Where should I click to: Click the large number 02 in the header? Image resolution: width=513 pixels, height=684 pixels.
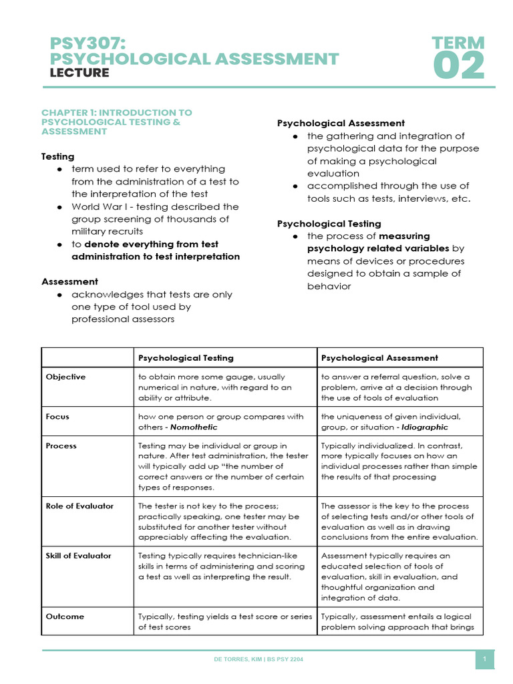click(458, 67)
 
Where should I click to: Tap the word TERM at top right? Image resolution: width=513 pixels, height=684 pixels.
click(458, 43)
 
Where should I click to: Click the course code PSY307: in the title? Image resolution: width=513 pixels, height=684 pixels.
click(88, 43)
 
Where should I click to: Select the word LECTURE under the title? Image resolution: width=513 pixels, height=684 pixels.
click(79, 73)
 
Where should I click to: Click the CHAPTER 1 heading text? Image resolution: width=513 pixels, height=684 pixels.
click(116, 122)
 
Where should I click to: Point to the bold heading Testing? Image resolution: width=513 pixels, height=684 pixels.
click(58, 156)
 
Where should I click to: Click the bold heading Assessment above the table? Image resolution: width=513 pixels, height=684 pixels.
click(69, 281)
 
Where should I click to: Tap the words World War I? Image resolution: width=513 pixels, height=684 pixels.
click(98, 206)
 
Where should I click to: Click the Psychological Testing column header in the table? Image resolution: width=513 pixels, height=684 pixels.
click(186, 358)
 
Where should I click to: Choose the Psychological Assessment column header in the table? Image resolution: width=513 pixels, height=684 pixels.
click(379, 358)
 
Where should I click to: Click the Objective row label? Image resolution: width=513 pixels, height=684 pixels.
click(65, 377)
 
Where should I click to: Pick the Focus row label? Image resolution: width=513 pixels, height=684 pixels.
click(57, 417)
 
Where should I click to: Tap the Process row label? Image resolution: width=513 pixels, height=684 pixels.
click(61, 446)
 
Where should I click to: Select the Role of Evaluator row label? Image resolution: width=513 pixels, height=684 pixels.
click(79, 506)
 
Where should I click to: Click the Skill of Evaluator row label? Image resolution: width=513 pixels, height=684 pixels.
click(78, 555)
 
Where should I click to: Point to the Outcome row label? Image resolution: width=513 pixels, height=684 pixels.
click(65, 617)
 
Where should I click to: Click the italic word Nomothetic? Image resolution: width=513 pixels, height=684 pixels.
click(194, 427)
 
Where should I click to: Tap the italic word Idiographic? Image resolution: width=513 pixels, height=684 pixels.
click(425, 427)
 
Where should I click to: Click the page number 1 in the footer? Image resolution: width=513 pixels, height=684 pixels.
click(484, 660)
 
